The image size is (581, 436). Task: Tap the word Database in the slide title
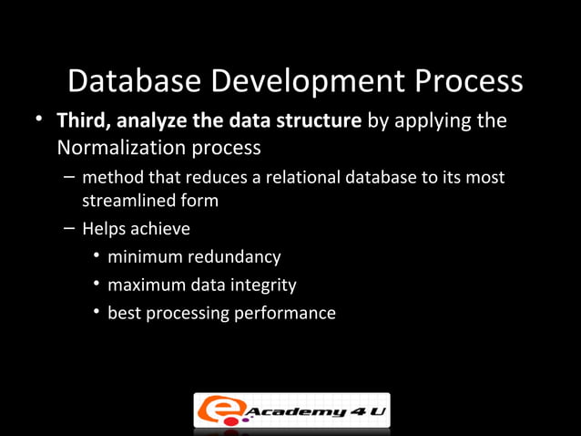point(134,83)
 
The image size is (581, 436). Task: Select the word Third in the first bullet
point(80,121)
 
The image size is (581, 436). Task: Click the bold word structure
point(321,121)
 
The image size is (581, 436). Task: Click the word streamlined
point(125,201)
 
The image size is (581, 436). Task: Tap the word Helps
point(103,229)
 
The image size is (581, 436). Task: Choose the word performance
point(289,314)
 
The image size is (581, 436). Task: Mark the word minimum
point(141,257)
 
